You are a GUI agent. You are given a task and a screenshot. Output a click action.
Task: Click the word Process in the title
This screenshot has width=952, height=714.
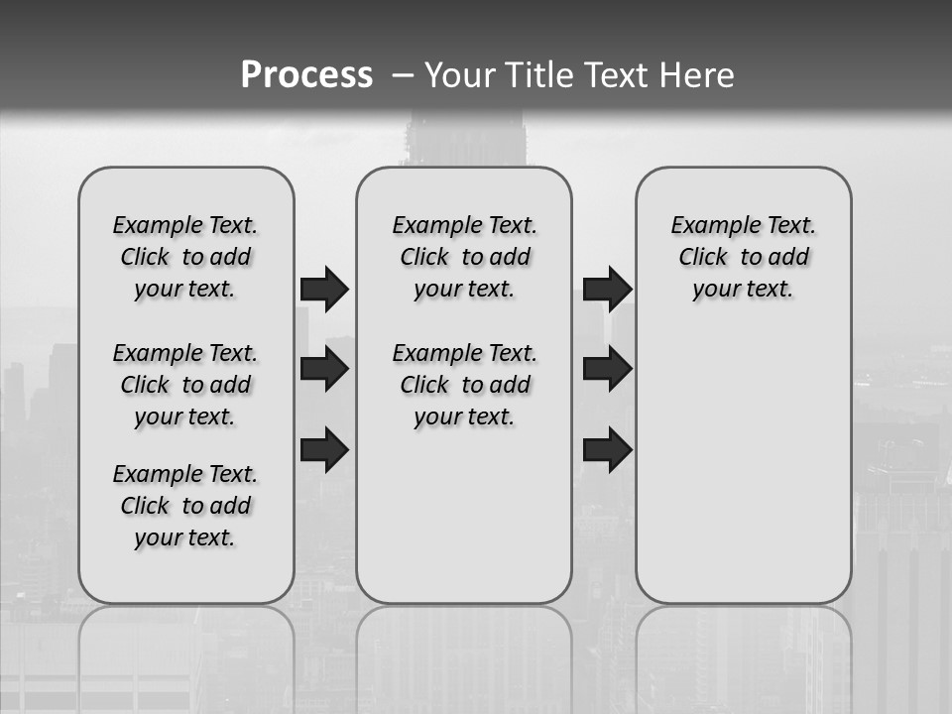(306, 74)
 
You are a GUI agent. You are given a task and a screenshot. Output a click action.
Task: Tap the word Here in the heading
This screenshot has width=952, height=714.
(698, 75)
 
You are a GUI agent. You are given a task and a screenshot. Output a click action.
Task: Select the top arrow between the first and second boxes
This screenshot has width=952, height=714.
(324, 289)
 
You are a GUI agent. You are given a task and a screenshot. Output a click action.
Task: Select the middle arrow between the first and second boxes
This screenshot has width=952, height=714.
(324, 369)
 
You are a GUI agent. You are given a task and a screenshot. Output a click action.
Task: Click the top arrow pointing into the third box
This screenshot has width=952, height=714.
(607, 289)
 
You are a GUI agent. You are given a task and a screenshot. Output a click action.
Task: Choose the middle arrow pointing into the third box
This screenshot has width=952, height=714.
(607, 369)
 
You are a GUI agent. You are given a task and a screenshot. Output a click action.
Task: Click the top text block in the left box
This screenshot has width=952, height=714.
(185, 257)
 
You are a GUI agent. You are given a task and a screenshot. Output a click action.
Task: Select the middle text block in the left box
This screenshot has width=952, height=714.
(185, 385)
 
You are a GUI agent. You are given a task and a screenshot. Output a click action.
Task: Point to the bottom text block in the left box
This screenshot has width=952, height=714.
(185, 506)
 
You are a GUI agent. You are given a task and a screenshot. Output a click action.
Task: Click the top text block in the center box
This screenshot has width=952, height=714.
(464, 257)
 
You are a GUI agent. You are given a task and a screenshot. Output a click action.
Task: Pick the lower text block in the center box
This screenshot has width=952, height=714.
(464, 385)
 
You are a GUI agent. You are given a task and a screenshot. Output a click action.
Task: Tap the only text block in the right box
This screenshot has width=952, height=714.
(744, 257)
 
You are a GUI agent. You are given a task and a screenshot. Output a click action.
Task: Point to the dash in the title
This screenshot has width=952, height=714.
(403, 75)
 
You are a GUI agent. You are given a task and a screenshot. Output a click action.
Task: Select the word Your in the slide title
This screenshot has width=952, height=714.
(458, 75)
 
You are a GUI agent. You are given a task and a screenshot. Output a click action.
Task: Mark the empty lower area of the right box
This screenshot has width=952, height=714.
(744, 466)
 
